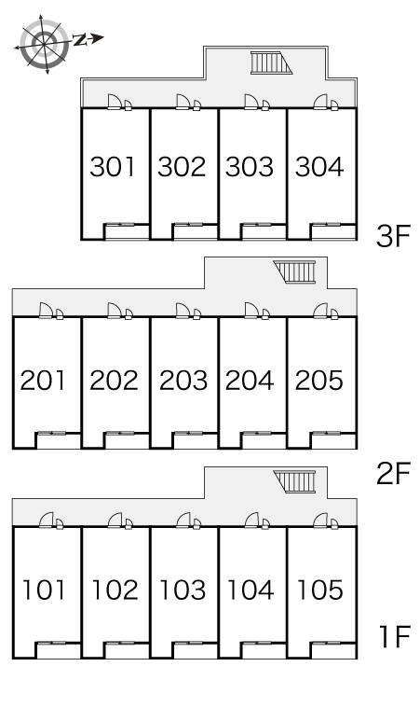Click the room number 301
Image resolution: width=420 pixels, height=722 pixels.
113,167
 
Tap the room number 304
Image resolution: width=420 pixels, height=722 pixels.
319,167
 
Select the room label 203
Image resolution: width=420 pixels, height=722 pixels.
183,381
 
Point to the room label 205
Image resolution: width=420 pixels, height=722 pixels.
319,381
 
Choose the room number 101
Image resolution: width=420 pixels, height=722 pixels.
44,590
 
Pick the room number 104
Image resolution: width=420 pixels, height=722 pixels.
251,590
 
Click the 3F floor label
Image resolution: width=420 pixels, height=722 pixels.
393,237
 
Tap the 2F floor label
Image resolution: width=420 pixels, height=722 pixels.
393,474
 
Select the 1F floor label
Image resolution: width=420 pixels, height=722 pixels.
395,637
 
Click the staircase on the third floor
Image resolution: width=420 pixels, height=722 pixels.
271,62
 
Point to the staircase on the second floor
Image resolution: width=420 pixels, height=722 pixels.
295,272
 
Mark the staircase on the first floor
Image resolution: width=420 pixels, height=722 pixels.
295,481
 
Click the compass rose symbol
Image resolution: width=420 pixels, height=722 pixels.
45,43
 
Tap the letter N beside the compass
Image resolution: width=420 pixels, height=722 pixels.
80,40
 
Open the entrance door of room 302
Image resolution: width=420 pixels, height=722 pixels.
183,102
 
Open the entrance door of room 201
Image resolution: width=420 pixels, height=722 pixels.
46,311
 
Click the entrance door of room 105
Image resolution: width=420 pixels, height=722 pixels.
320,520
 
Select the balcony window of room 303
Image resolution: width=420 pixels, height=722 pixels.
256,225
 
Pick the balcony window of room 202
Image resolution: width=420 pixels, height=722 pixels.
119,433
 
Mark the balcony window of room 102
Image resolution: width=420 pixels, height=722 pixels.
119,643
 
